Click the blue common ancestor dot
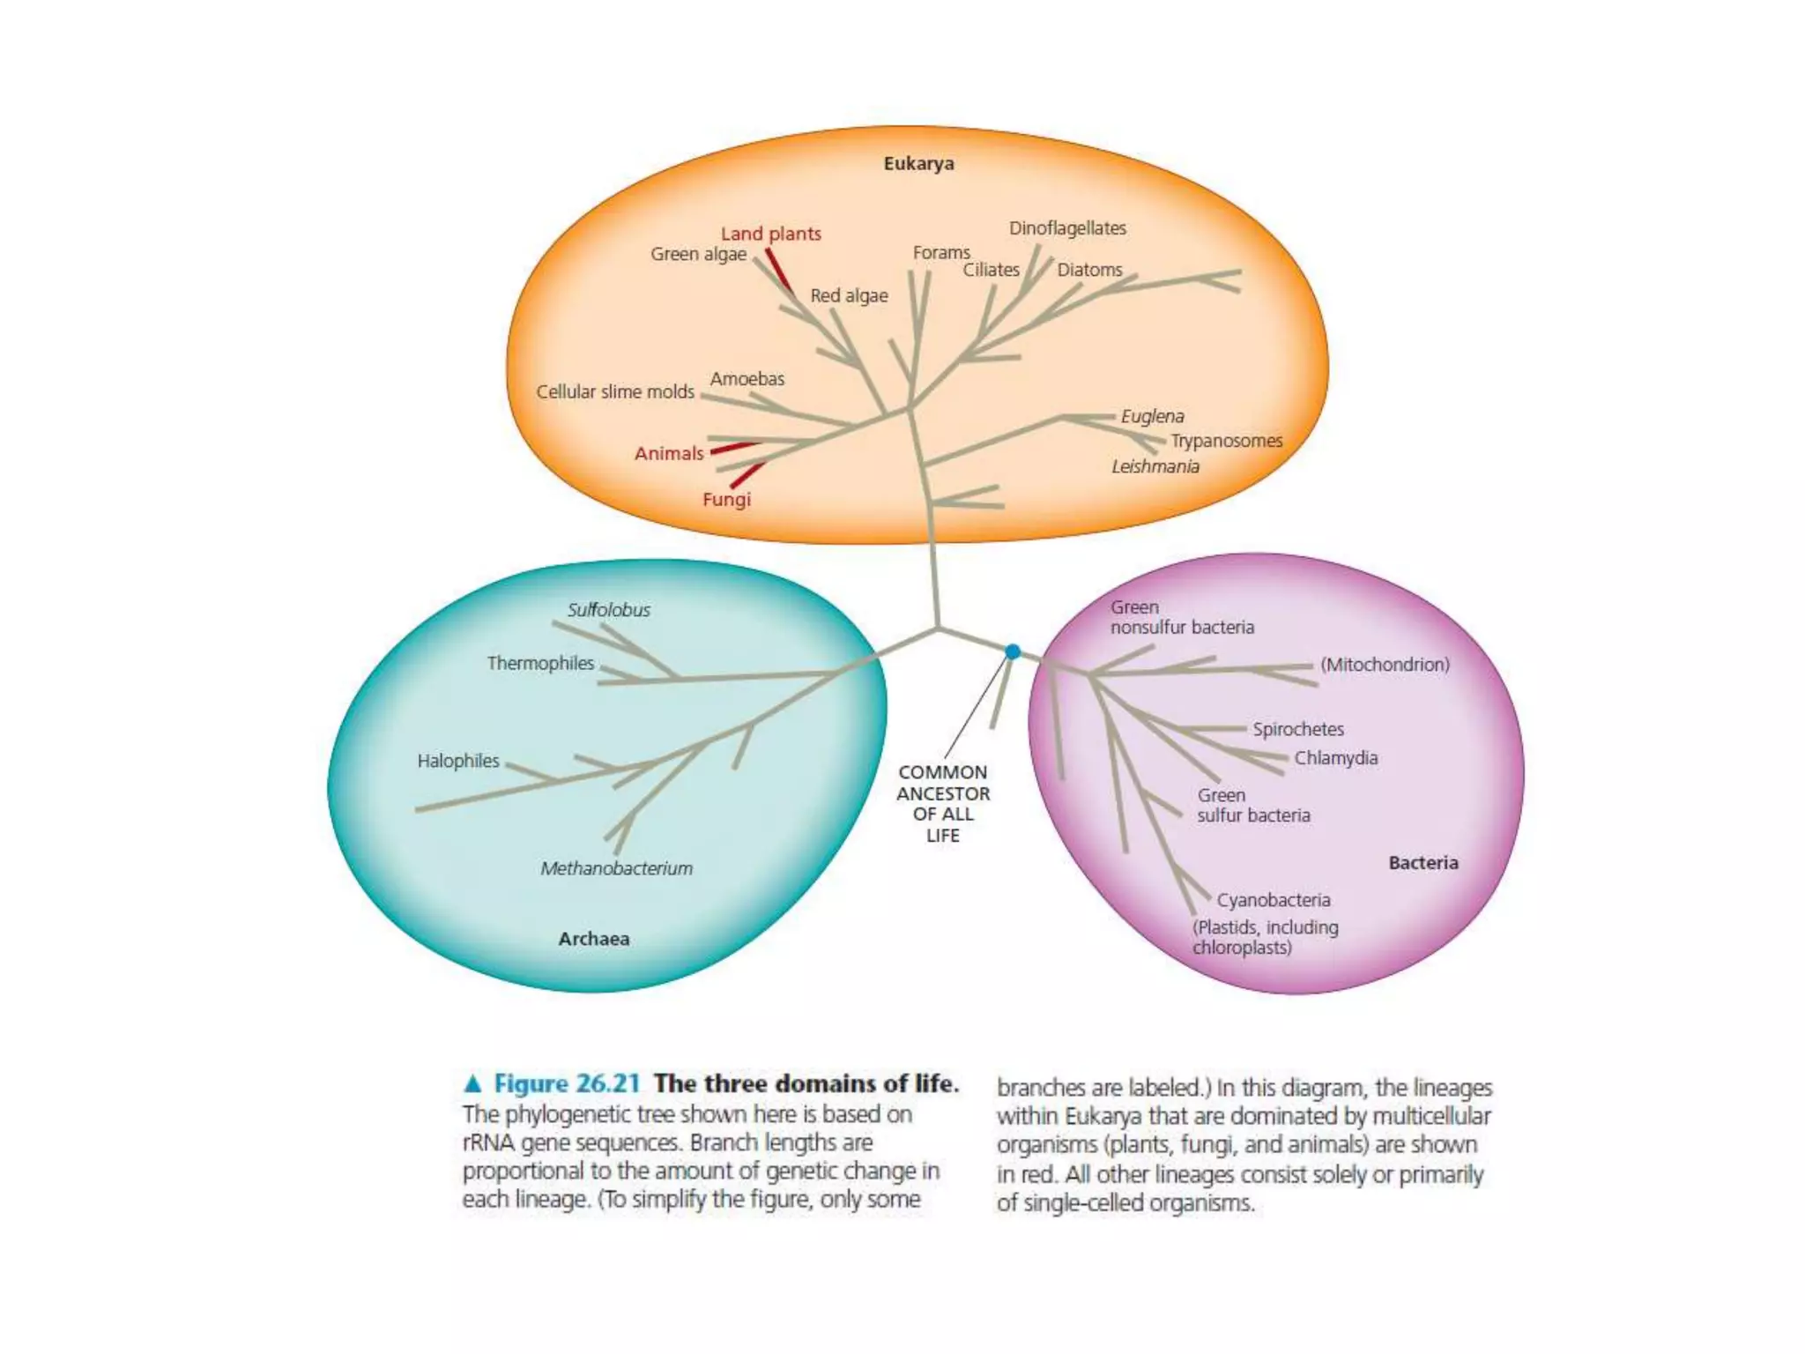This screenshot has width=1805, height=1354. (x=1013, y=651)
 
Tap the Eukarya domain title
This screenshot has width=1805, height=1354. (x=918, y=163)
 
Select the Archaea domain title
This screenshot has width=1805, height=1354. (x=593, y=938)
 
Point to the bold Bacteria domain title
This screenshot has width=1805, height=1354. (x=1422, y=862)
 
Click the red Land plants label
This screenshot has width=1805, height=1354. (x=770, y=234)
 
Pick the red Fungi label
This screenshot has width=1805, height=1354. (x=726, y=499)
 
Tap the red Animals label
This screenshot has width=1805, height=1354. (x=669, y=453)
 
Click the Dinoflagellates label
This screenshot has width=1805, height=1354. (x=1067, y=228)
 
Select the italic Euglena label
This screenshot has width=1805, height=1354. (x=1152, y=416)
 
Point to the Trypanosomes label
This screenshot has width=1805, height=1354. (x=1226, y=441)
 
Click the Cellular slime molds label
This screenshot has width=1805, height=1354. (x=615, y=391)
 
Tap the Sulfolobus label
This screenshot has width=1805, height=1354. (x=608, y=610)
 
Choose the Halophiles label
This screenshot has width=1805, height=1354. (x=458, y=761)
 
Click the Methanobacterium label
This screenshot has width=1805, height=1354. (x=616, y=868)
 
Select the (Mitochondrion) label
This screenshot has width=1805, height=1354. (x=1385, y=665)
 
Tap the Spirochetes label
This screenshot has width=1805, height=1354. (x=1298, y=729)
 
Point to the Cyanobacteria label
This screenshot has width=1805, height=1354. (x=1274, y=900)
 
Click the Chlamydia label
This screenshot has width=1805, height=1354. (x=1335, y=758)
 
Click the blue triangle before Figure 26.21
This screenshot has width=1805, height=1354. (x=473, y=1083)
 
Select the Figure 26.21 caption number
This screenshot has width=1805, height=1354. (x=567, y=1083)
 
